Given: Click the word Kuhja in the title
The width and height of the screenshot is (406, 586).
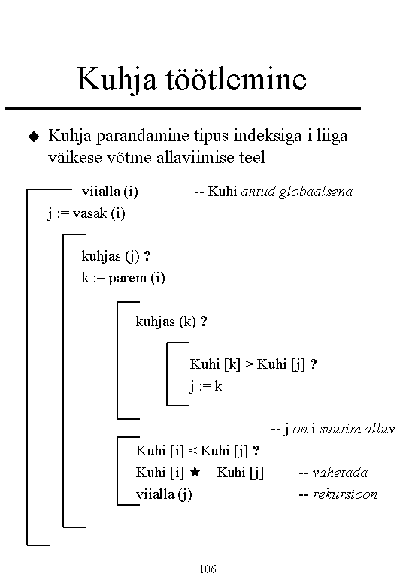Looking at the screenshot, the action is point(117,80).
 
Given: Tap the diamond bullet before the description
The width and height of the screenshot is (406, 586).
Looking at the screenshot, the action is point(34,137).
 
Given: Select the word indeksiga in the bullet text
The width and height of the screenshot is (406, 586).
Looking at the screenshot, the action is point(268,136).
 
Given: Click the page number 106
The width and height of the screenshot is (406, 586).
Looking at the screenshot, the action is point(208,569).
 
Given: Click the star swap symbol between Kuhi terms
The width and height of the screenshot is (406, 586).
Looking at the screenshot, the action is point(195,472).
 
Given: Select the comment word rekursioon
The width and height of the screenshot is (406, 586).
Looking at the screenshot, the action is point(345,494).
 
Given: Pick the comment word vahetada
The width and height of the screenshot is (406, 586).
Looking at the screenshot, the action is point(340,473).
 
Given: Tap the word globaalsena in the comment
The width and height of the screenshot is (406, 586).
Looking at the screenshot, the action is point(316,192).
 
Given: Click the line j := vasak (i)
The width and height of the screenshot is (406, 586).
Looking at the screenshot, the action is point(86,214).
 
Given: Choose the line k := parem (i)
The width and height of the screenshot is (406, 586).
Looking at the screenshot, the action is point(123,278).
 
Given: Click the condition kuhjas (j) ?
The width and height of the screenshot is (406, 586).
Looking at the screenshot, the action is point(117,256).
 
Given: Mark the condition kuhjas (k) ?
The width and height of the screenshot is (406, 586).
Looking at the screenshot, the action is point(171,322).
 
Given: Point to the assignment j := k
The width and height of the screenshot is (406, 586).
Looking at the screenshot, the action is point(205,386).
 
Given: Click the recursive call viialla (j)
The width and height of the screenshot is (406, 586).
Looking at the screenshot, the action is point(164,494).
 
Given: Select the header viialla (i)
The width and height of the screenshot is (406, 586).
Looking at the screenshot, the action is point(110,192).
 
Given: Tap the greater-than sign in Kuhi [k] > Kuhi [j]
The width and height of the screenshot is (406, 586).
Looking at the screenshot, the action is point(249,364).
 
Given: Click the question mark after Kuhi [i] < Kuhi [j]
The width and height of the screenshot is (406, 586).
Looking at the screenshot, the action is point(256,450).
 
